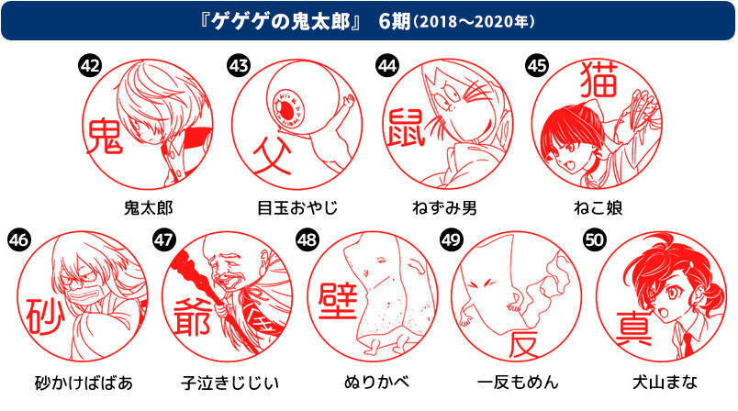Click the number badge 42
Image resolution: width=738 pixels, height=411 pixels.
tap(89, 66)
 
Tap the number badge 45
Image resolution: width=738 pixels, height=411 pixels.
tap(537, 66)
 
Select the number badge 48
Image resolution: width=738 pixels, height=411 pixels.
tap(307, 240)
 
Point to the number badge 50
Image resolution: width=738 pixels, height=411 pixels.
tap(594, 240)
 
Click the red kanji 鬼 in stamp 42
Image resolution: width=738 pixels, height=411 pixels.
tap(104, 137)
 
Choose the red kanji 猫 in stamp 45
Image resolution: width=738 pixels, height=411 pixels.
tap(598, 80)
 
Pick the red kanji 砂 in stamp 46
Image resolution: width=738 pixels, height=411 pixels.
tap(44, 317)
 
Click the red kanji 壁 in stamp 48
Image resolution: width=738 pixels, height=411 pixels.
tap(338, 302)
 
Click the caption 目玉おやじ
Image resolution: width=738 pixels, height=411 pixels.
tap(297, 208)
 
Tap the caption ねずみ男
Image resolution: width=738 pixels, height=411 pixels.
tap(445, 208)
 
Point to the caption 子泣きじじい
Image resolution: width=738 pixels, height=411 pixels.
tap(229, 383)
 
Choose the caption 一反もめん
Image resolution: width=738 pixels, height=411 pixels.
tap(518, 383)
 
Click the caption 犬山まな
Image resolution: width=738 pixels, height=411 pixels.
tap(664, 383)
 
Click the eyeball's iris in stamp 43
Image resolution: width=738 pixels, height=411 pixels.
tap(289, 107)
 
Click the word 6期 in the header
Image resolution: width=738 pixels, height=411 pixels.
tap(395, 22)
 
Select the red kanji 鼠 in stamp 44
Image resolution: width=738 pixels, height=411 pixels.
tap(405, 127)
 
